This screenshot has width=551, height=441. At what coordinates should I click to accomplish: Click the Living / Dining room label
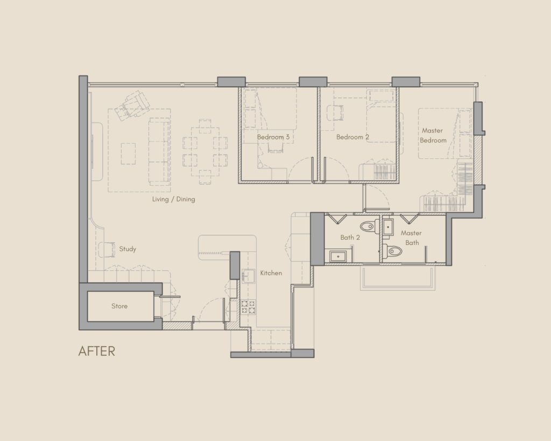[174, 199]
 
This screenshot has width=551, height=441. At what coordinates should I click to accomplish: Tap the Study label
[128, 249]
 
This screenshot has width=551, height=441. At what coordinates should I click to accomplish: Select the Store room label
[119, 306]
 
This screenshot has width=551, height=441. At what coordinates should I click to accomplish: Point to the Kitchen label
[271, 273]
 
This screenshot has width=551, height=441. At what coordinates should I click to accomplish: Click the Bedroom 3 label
[273, 137]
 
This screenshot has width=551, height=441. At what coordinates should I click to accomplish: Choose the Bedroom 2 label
[352, 137]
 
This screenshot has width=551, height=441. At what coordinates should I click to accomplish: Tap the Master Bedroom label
[433, 135]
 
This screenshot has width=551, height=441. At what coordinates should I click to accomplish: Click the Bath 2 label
[350, 237]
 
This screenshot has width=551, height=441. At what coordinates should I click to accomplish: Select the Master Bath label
[411, 238]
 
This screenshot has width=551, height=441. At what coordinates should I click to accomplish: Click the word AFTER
[97, 351]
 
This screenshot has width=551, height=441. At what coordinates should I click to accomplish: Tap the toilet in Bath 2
[369, 226]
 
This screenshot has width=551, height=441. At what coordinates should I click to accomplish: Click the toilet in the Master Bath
[392, 251]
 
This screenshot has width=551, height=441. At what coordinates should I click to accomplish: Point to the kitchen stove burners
[248, 307]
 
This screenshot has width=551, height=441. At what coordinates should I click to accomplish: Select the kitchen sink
[249, 276]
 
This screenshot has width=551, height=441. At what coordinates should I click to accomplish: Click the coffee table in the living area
[128, 153]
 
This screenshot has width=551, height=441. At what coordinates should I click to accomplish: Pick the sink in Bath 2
[338, 256]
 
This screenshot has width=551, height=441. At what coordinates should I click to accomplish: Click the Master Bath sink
[388, 227]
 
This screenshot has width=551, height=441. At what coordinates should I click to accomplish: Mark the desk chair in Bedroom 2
[335, 113]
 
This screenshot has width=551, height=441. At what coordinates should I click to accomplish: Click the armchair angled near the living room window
[132, 105]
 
